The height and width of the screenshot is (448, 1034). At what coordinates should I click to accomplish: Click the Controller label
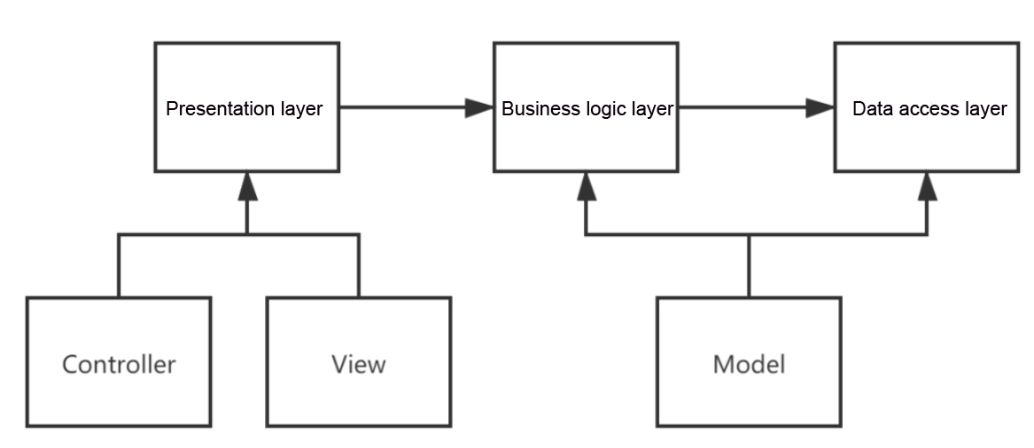[x=119, y=365]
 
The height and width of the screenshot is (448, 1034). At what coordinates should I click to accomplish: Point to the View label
[x=359, y=365]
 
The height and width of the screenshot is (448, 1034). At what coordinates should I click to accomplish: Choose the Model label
[x=749, y=365]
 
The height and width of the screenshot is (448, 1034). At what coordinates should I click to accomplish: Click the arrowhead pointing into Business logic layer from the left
[x=479, y=107]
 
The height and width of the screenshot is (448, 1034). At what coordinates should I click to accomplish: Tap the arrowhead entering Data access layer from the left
[x=820, y=107]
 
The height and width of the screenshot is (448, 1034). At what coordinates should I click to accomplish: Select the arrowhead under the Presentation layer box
[x=247, y=186]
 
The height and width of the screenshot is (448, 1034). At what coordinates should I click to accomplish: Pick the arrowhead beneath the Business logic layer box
[x=587, y=186]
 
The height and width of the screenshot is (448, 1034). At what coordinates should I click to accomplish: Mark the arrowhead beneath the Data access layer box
[x=927, y=186]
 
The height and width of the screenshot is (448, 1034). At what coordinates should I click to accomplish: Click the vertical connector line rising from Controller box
[x=119, y=265]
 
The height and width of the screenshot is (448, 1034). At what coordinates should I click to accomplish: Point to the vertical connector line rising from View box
[x=359, y=265]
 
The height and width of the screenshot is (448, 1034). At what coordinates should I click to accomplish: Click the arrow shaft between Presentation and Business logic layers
[x=403, y=107]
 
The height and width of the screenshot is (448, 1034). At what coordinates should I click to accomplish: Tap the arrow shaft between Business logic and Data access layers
[x=742, y=107]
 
